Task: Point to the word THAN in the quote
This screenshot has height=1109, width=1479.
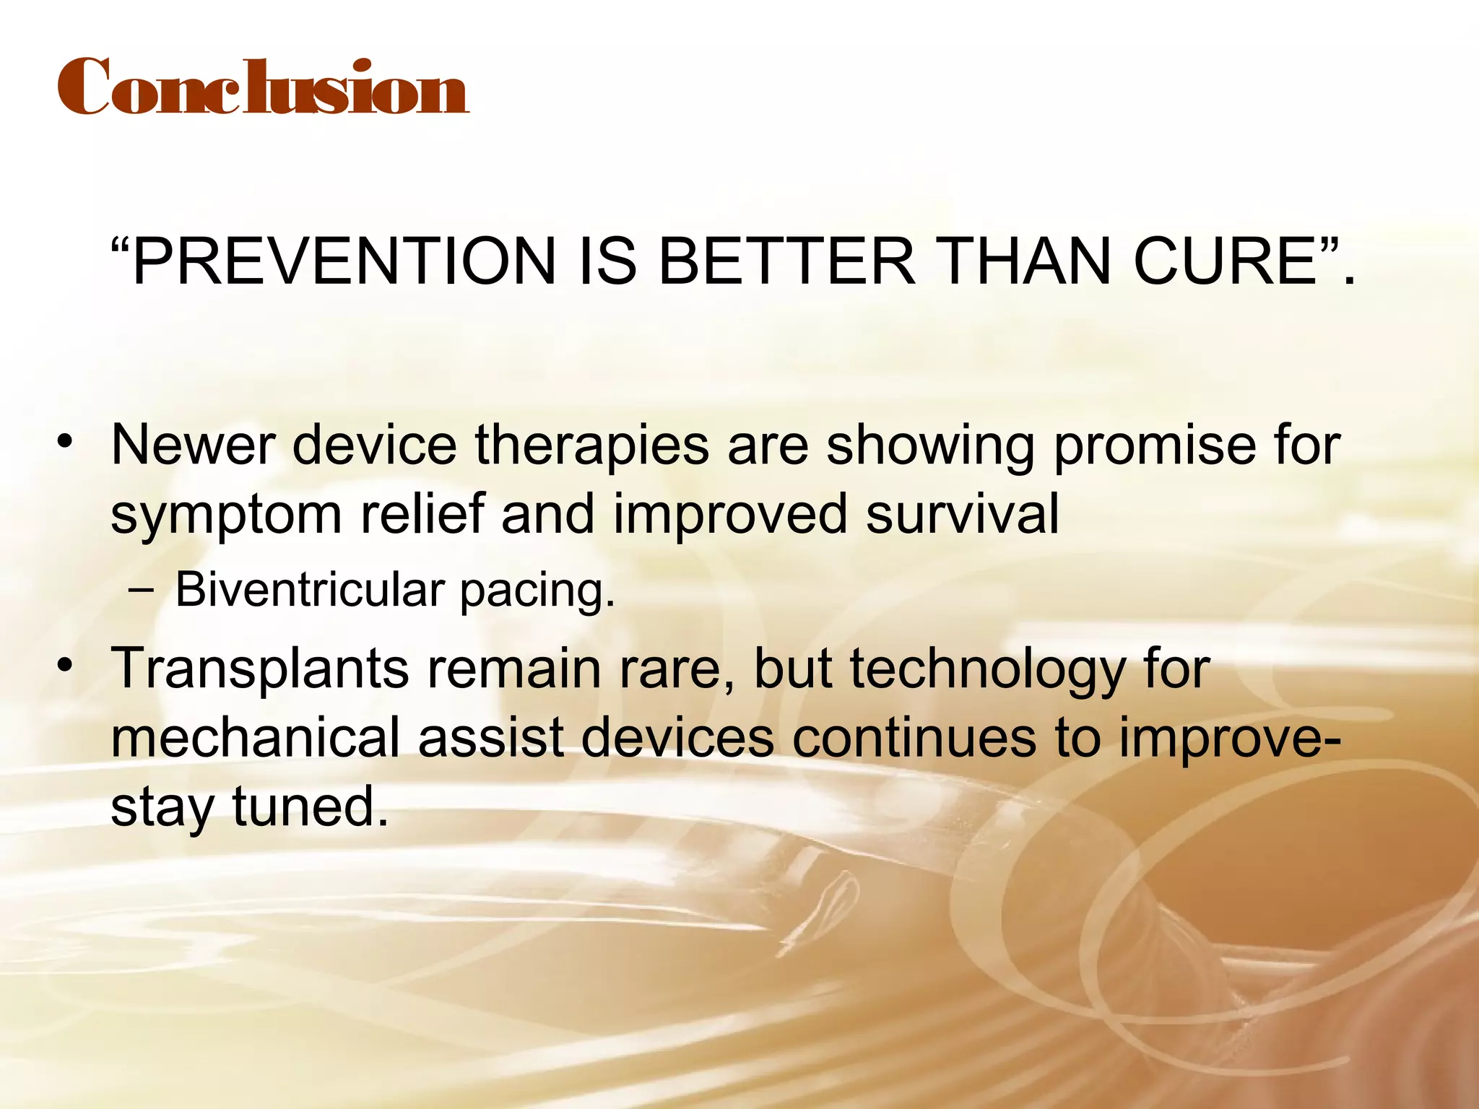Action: [x=1026, y=261]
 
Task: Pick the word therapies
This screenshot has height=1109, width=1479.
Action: [x=591, y=446]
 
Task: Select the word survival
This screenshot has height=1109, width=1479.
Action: [x=962, y=514]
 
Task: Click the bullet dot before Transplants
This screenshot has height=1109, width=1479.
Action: [x=66, y=664]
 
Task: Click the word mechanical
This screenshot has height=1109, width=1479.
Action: [x=255, y=738]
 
